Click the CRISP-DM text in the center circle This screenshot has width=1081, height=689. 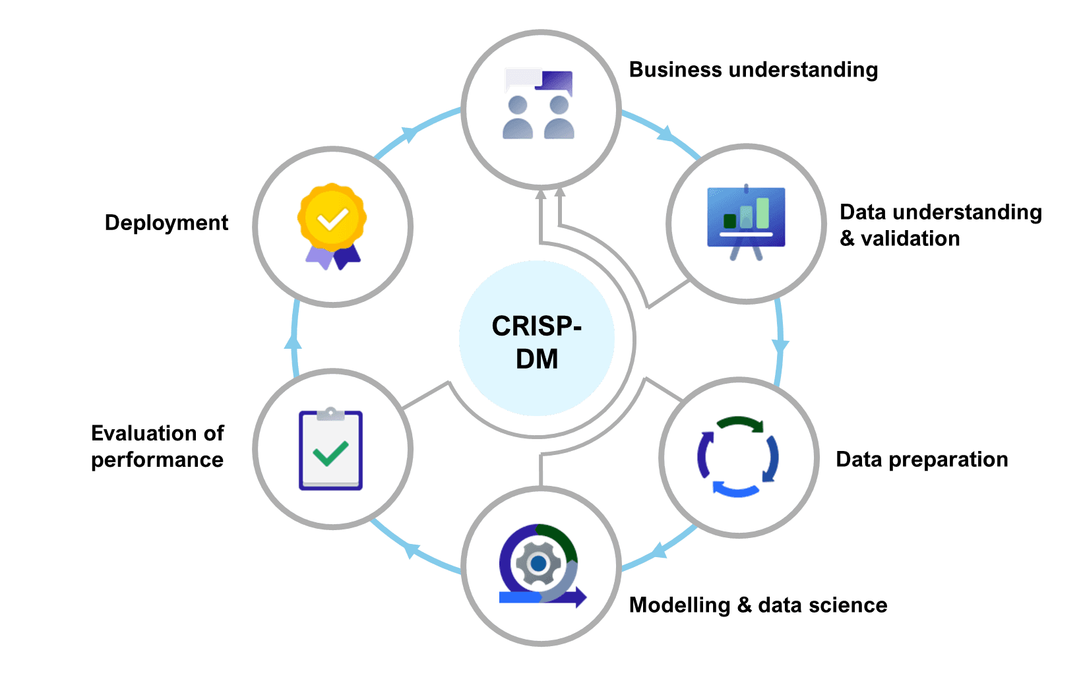(x=537, y=342)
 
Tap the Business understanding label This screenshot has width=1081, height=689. (x=753, y=70)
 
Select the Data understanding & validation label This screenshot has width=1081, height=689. (x=940, y=225)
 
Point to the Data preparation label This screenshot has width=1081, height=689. (x=921, y=460)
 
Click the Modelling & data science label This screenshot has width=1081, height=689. (x=758, y=605)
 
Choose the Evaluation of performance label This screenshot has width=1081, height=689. (x=158, y=446)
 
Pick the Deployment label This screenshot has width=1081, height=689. (x=166, y=223)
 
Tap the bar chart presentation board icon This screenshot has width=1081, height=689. (x=746, y=222)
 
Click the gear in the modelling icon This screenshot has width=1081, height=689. (x=538, y=564)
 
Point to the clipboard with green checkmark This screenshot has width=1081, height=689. (x=330, y=450)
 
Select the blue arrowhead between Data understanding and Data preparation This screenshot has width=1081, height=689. (x=780, y=345)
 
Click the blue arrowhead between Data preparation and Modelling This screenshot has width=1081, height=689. (x=659, y=550)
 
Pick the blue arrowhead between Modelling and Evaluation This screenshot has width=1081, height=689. (x=412, y=550)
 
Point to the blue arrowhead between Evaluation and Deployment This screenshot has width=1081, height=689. (x=293, y=341)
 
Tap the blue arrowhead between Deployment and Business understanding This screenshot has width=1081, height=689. (x=410, y=134)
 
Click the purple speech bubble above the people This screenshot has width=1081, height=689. (x=555, y=82)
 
